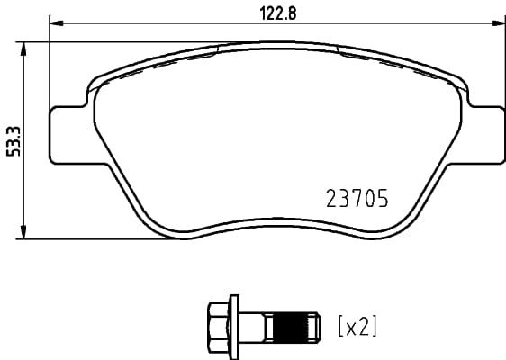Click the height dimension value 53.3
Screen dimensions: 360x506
click(x=12, y=140)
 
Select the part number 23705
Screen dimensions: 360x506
click(x=356, y=199)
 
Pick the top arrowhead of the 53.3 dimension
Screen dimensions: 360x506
click(x=23, y=46)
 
